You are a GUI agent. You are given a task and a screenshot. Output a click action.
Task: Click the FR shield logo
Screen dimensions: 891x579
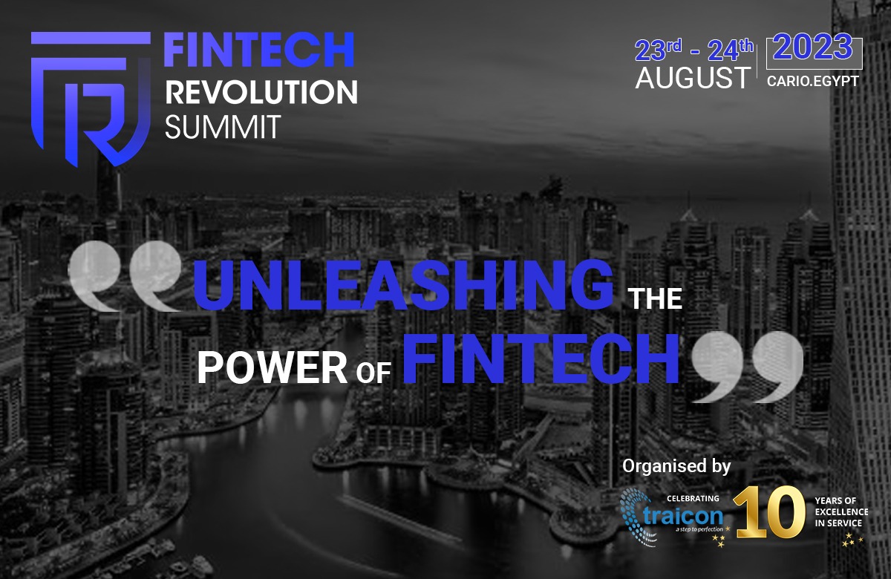91,99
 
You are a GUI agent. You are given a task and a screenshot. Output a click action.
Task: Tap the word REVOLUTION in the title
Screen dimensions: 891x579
261,92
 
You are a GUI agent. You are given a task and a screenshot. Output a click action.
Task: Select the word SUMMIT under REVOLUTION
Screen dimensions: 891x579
223,127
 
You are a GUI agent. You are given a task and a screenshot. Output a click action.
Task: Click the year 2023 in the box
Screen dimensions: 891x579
812,48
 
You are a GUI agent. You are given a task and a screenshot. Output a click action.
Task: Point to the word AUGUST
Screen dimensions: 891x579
693,77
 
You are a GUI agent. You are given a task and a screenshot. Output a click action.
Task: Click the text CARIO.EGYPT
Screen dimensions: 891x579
813,81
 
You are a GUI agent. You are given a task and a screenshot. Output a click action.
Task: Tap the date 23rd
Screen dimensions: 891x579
659,50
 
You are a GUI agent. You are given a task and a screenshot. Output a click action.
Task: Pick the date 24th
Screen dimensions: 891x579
731,50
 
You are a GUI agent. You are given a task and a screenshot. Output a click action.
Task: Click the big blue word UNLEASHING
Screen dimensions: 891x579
403,284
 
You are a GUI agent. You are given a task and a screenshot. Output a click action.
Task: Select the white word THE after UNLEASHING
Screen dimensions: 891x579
655,298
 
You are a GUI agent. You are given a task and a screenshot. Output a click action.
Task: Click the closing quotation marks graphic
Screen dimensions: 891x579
748,367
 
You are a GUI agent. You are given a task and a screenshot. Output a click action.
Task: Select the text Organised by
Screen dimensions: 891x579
676,466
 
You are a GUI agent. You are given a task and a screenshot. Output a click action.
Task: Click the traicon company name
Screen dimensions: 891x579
682,516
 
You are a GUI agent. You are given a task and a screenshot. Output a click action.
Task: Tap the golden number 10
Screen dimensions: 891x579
769,511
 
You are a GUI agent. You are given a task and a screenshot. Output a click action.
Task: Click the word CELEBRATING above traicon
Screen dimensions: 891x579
693,498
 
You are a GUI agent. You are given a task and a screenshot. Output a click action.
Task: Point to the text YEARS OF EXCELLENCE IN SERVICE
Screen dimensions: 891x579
841,511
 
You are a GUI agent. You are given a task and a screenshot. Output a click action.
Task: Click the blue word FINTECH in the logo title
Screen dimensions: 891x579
259,50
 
